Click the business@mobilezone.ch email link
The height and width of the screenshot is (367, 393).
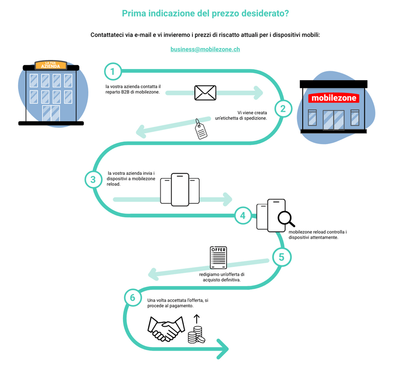coord(205,50)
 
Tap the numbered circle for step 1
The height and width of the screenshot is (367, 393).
coord(113,72)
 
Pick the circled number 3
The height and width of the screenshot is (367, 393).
coord(93,180)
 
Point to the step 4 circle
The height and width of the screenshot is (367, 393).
coord(243,215)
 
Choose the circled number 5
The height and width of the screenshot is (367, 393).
coord(281,257)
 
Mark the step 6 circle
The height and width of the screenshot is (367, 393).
coord(132,297)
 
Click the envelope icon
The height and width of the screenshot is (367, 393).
coord(205,93)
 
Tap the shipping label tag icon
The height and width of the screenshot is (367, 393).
coord(201,130)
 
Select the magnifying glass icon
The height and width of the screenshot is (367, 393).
coord(286,219)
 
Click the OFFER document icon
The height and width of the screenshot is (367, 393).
coord(219,258)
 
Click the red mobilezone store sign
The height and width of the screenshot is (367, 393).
coord(334,98)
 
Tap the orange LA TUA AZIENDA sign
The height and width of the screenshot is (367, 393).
coord(51,65)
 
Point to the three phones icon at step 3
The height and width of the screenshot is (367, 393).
coord(180,190)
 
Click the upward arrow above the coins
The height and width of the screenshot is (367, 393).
coord(197,319)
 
